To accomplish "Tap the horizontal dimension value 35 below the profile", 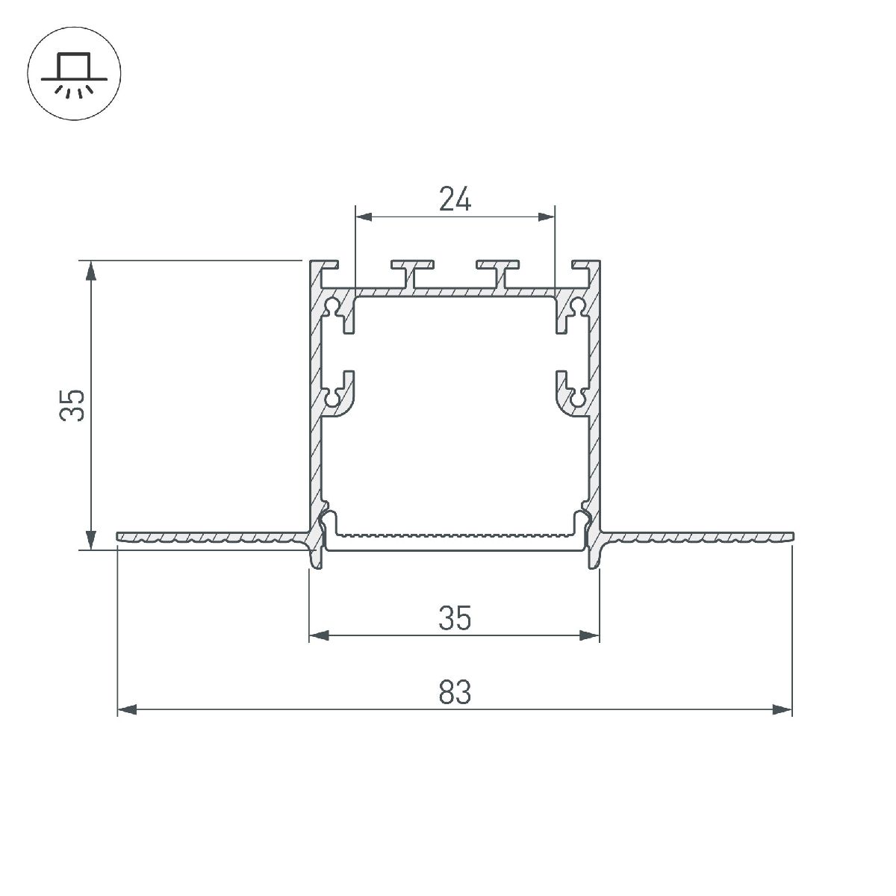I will point(455,618).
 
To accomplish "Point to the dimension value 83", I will point(455,692).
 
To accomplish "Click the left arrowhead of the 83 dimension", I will point(127,709).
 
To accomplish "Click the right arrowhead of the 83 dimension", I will point(783,709).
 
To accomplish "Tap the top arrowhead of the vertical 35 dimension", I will point(91,270).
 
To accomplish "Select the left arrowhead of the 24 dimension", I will point(364,217).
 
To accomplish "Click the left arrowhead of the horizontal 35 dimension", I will point(319,636).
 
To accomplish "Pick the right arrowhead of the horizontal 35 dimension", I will point(591,636).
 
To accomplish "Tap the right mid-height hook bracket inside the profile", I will point(571,394).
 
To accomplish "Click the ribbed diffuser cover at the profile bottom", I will point(455,535).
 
